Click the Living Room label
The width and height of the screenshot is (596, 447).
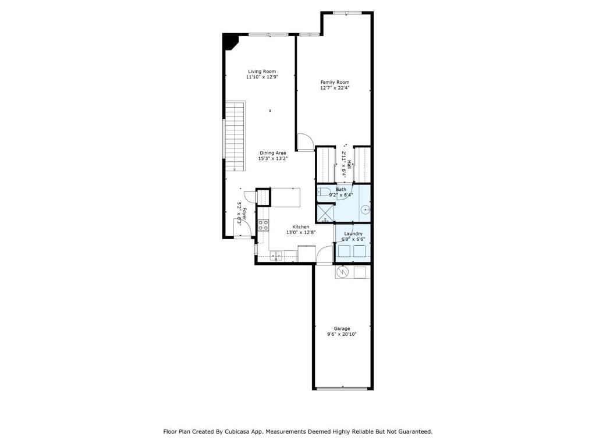point(262,72)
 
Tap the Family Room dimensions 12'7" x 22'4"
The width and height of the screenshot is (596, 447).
point(335,88)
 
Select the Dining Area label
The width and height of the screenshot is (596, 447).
point(272,153)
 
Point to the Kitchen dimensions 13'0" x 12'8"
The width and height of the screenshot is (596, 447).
point(301,232)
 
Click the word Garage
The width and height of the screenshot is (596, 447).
point(342,329)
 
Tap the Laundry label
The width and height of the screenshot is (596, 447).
point(353,234)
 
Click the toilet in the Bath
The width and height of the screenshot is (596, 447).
point(324,191)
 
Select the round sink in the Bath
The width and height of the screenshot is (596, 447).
point(365,210)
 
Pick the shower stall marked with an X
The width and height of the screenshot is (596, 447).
point(325,213)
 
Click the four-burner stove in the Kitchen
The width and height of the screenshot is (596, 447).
point(263,225)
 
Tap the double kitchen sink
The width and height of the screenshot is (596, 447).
point(276,256)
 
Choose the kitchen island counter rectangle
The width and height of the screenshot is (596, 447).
point(285,197)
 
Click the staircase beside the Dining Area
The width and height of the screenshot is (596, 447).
point(235,136)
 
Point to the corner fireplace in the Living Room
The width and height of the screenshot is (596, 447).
point(230,41)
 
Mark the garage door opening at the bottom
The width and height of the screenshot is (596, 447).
point(342,388)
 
